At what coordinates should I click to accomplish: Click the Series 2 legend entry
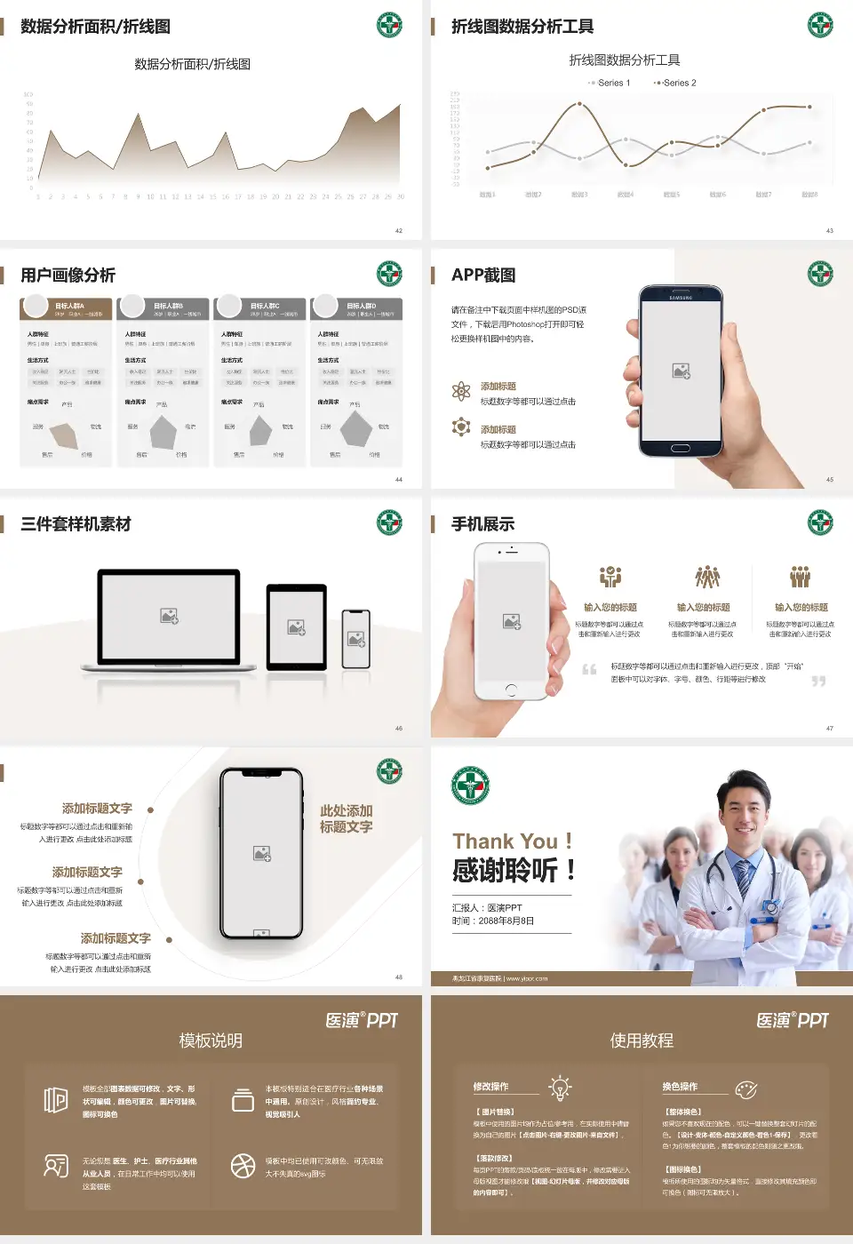[676, 83]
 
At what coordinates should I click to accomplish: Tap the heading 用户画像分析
[68, 275]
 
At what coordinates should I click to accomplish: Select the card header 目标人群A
[69, 306]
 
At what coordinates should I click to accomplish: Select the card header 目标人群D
[361, 306]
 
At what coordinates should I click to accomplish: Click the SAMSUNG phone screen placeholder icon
[682, 371]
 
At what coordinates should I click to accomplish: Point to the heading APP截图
[483, 275]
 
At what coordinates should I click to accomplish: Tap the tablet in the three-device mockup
[297, 626]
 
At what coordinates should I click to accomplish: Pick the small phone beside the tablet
[356, 639]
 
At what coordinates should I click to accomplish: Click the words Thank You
[505, 841]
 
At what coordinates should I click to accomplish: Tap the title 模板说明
[211, 1041]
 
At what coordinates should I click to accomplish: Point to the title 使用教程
[642, 1041]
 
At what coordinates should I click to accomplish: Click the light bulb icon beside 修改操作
[560, 1088]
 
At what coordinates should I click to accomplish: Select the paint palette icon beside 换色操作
[746, 1089]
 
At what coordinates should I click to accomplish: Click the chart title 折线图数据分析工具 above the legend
[625, 60]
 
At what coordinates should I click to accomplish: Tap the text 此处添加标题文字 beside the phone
[347, 819]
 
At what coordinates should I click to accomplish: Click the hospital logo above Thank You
[470, 786]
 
